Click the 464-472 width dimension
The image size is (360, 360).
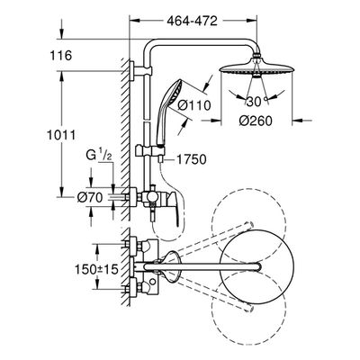click(192, 21)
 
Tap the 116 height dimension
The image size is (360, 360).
click(61, 56)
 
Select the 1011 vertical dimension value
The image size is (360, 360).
click(61, 135)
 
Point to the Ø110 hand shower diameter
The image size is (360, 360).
click(193, 105)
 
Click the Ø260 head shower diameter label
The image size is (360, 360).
click(256, 121)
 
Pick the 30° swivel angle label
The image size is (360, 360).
click(256, 102)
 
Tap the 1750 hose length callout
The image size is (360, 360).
click(191, 159)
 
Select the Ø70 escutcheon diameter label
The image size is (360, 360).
click(90, 197)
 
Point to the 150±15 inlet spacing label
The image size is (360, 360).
click(96, 269)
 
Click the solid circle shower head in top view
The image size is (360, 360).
click(256, 266)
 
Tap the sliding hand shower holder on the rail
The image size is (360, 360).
click(150, 150)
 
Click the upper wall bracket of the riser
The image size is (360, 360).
click(141, 71)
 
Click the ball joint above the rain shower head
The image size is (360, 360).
click(256, 55)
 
